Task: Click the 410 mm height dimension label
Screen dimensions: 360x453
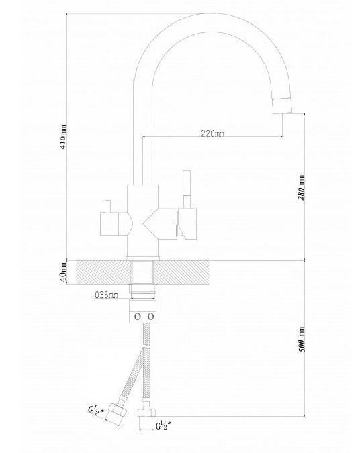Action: click(63, 137)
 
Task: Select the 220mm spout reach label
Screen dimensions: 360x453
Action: click(212, 133)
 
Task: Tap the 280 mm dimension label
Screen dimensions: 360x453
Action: click(301, 187)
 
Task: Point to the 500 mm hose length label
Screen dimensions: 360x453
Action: click(301, 339)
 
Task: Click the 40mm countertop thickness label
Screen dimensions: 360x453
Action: click(63, 272)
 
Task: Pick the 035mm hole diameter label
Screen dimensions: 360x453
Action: click(106, 295)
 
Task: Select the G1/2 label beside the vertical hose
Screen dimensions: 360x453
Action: click(164, 425)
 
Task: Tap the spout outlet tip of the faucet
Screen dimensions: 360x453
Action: click(283, 106)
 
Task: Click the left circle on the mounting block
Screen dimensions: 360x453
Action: click(138, 317)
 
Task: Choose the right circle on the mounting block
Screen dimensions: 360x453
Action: click(150, 317)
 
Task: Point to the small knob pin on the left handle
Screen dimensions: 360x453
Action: click(108, 206)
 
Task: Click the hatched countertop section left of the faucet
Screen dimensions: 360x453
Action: click(103, 272)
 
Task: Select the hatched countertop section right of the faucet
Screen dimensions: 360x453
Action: click(181, 272)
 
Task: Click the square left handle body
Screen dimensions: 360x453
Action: click(109, 224)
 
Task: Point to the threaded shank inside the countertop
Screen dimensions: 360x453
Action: click(142, 272)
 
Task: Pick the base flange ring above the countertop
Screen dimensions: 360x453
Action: click(143, 258)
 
